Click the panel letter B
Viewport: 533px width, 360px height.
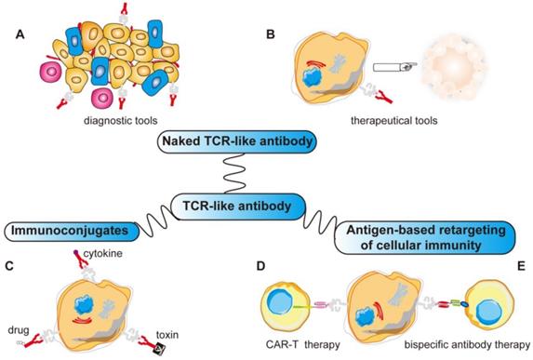click(x=272, y=35)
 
